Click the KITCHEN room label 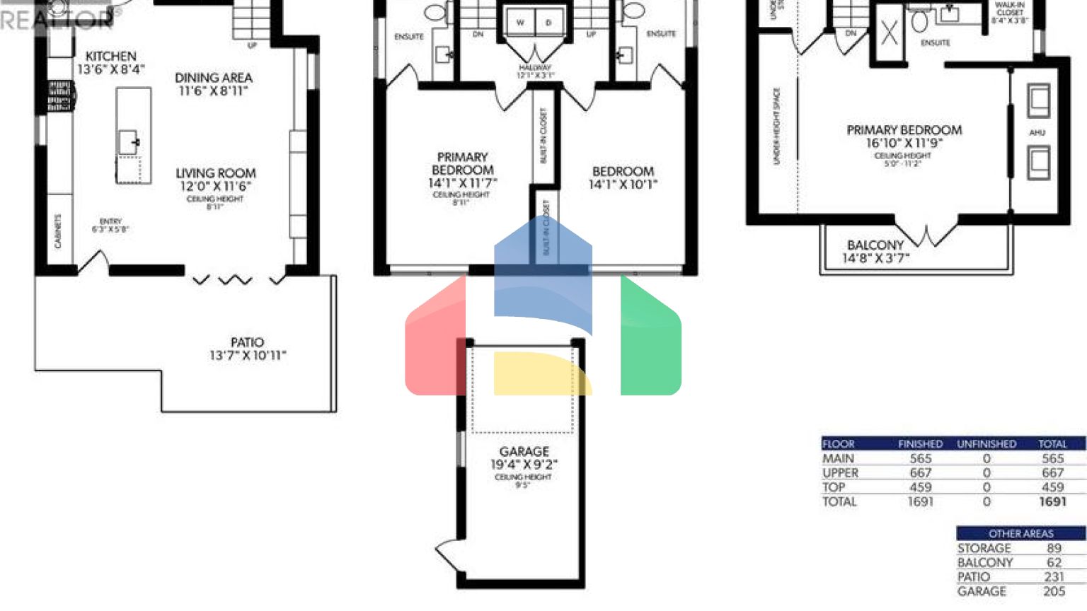110,56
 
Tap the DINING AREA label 213,78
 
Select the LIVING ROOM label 215,173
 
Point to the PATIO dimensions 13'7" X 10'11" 247,356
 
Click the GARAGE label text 524,451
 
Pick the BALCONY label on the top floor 875,245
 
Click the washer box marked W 520,23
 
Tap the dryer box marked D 548,23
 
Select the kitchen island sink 128,141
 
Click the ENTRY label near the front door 110,221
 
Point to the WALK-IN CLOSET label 1009,8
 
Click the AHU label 1037,132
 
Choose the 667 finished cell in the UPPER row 920,473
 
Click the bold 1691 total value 1052,501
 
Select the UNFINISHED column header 986,444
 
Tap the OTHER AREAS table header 1020,533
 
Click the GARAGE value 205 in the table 1054,591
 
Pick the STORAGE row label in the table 984,548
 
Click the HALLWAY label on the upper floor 534,68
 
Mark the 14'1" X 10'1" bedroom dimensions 623,185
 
